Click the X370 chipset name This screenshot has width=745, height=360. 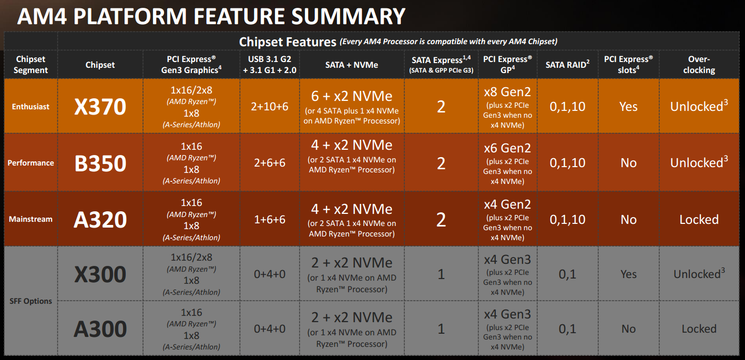(x=100, y=107)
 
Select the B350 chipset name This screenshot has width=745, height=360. (x=100, y=163)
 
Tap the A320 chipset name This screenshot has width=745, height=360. (x=100, y=220)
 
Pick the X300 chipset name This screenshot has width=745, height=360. (x=100, y=274)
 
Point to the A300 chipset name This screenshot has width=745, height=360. (x=100, y=329)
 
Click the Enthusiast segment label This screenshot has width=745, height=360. (x=30, y=107)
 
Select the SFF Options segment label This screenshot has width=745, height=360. (x=30, y=301)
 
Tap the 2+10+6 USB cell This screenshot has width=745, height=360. (x=269, y=107)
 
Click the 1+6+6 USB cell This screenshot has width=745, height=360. (x=269, y=219)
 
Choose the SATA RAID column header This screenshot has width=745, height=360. (x=567, y=64)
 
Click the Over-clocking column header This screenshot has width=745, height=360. (x=699, y=65)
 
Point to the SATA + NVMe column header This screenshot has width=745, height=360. (x=352, y=65)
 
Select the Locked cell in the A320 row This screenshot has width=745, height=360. (x=699, y=219)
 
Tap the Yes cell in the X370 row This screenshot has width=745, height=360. (x=628, y=107)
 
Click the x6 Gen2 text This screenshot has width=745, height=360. (x=507, y=148)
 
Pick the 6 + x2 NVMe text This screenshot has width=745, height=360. (x=352, y=96)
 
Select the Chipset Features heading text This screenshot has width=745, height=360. (x=288, y=42)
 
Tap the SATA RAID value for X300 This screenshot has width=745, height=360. (x=567, y=274)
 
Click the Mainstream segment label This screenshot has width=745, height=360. (x=30, y=219)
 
